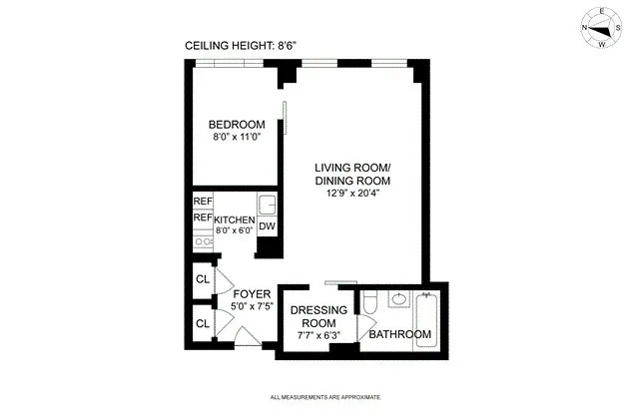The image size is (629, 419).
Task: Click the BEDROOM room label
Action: (237, 125)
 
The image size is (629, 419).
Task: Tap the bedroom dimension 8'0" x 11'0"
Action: (237, 138)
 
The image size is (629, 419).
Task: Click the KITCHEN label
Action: (235, 219)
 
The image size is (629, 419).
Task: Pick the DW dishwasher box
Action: (267, 226)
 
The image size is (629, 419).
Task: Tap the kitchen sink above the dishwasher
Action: (267, 205)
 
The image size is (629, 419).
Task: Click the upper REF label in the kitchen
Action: (203, 202)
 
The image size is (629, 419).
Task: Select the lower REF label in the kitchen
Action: (203, 217)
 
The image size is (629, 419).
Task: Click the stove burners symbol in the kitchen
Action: (203, 240)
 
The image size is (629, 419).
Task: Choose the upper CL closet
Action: (202, 279)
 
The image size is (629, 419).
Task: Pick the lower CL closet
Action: (202, 323)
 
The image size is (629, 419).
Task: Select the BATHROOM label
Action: (399, 334)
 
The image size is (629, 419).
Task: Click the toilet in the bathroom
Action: (369, 303)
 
